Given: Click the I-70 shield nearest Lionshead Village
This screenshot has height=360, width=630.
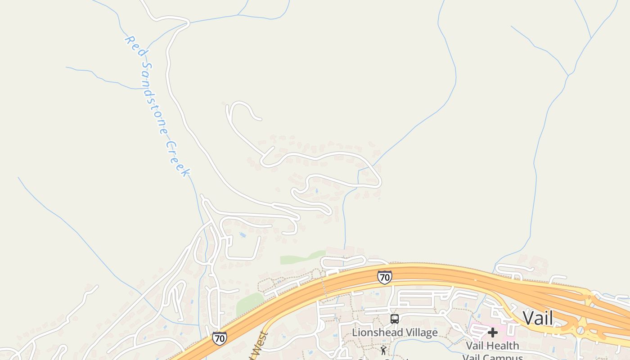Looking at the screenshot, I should click(x=384, y=277).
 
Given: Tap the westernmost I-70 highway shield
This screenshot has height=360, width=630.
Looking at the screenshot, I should click(x=219, y=338).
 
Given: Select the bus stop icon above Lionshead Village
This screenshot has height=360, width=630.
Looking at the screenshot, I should click(x=395, y=319).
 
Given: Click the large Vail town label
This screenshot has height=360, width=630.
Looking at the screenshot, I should click(x=538, y=318).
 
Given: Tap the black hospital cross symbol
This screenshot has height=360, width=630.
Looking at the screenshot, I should click(x=493, y=333).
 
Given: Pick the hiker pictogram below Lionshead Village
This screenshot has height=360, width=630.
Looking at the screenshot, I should click(x=383, y=350).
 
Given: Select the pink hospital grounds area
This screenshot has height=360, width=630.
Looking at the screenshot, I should click(x=506, y=333).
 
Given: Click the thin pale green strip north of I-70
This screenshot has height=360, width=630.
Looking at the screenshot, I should click(x=301, y=257).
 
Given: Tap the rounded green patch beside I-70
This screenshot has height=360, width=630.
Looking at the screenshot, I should click(x=250, y=304).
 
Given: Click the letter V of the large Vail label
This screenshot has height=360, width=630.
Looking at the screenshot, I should click(x=527, y=318).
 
